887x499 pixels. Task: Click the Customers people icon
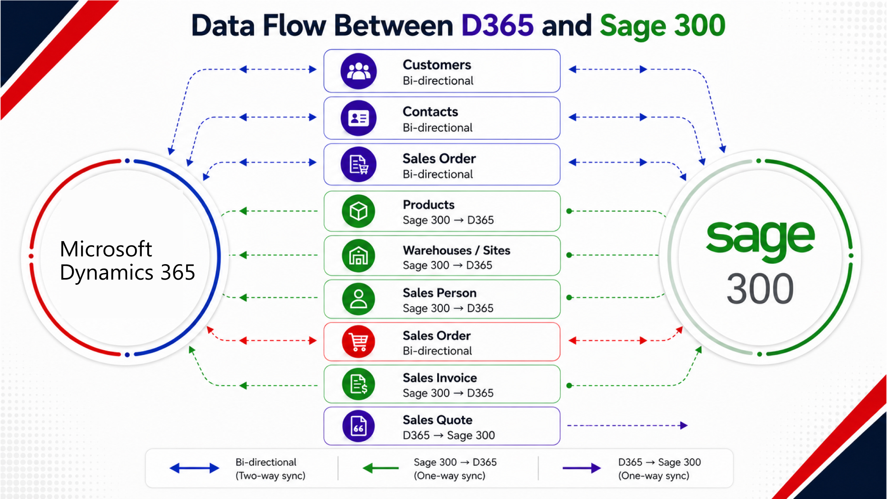(358, 71)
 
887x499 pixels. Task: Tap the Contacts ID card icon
(358, 118)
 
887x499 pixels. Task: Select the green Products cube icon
(358, 211)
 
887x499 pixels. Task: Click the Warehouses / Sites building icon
(358, 255)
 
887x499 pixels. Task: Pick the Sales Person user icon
(358, 299)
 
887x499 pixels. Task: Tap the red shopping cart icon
(358, 342)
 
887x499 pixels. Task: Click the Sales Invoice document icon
(358, 384)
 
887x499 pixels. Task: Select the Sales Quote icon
(358, 426)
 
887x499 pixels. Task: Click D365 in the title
(498, 25)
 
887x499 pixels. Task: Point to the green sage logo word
(760, 240)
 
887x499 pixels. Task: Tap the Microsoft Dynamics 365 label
(128, 261)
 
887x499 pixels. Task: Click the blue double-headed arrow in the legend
(194, 468)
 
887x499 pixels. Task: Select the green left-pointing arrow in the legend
(381, 468)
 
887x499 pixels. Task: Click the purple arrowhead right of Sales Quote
(684, 426)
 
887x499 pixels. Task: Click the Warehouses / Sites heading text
(457, 250)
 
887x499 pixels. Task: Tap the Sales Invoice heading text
(440, 378)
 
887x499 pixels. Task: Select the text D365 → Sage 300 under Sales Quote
(449, 435)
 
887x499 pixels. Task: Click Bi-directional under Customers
(438, 81)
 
